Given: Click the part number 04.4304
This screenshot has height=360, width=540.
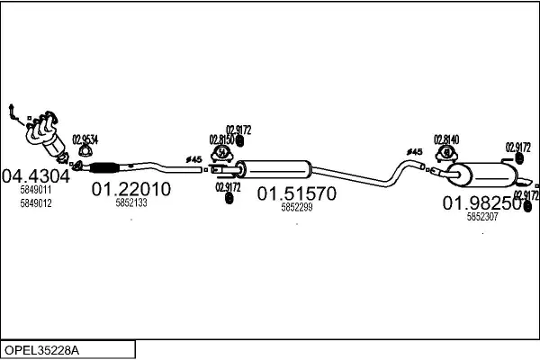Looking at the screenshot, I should click(36, 175).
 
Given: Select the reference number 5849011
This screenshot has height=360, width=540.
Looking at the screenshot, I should click(36, 190).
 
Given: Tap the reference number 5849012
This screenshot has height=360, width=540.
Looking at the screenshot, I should click(36, 203).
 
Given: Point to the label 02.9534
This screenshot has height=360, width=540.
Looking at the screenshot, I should click(85, 139).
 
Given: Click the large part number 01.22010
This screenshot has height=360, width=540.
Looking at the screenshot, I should click(130, 189).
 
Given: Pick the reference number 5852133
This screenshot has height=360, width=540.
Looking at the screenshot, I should click(131, 203).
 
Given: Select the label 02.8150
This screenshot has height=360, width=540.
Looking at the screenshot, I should click(222, 139).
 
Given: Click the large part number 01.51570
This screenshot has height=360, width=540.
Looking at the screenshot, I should click(297, 193).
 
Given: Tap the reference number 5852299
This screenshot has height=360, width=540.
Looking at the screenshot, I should click(297, 208).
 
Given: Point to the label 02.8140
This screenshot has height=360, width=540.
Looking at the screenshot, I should click(446, 139).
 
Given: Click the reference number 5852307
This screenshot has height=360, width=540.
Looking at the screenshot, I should click(482, 217).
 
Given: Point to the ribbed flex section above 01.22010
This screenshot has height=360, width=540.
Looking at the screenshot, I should click(107, 166).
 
